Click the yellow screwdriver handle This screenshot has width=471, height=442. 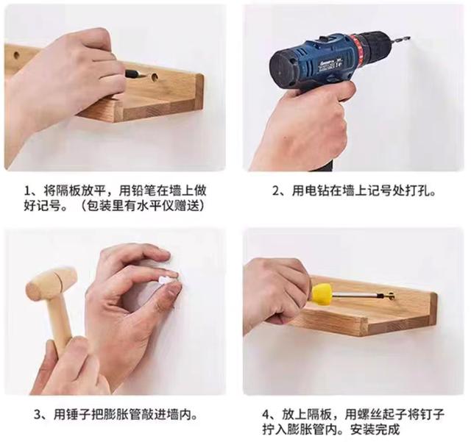coord(322,293)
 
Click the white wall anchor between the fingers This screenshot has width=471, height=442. coord(165,280)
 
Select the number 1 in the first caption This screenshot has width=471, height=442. coord(27,191)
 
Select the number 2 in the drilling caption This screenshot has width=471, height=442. coord(276,191)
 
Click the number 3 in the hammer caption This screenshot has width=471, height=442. coord(38,415)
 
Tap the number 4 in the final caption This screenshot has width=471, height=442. coord(266,415)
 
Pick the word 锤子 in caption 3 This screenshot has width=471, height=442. coord(79,415)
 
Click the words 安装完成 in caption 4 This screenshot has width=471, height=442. coord(375,429)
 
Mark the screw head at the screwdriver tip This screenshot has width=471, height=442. coord(391,296)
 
